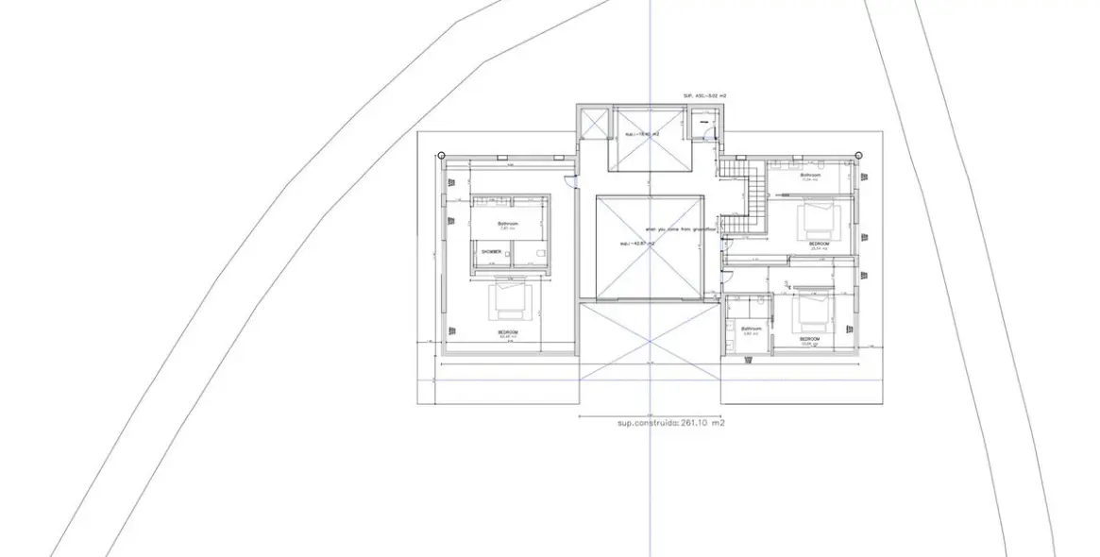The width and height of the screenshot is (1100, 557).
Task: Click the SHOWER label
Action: click(491, 252)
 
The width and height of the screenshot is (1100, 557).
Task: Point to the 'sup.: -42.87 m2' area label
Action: click(638, 244)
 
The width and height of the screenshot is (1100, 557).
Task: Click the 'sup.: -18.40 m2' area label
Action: click(641, 135)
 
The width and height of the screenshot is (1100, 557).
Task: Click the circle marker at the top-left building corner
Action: click(442, 155)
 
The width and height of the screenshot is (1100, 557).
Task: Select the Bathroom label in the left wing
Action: click(508, 224)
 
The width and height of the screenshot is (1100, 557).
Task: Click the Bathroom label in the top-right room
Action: click(811, 175)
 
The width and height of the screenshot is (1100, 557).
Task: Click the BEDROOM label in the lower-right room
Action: click(809, 338)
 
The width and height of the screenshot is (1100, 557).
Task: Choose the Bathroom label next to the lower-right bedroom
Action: click(752, 329)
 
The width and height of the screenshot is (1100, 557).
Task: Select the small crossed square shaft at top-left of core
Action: click(595, 124)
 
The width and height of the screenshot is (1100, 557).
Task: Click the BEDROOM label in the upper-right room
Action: click(818, 244)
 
